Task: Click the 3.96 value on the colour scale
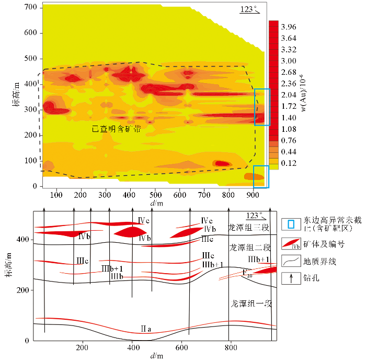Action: (x=289, y=27)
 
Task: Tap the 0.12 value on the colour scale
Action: (x=289, y=163)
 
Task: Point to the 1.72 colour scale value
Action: (x=289, y=106)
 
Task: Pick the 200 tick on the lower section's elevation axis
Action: (x=24, y=290)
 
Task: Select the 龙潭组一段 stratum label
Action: (x=250, y=303)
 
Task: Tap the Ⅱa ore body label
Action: (x=146, y=329)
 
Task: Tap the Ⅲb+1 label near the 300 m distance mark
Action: (x=112, y=268)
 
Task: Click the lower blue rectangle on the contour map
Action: (x=260, y=176)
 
